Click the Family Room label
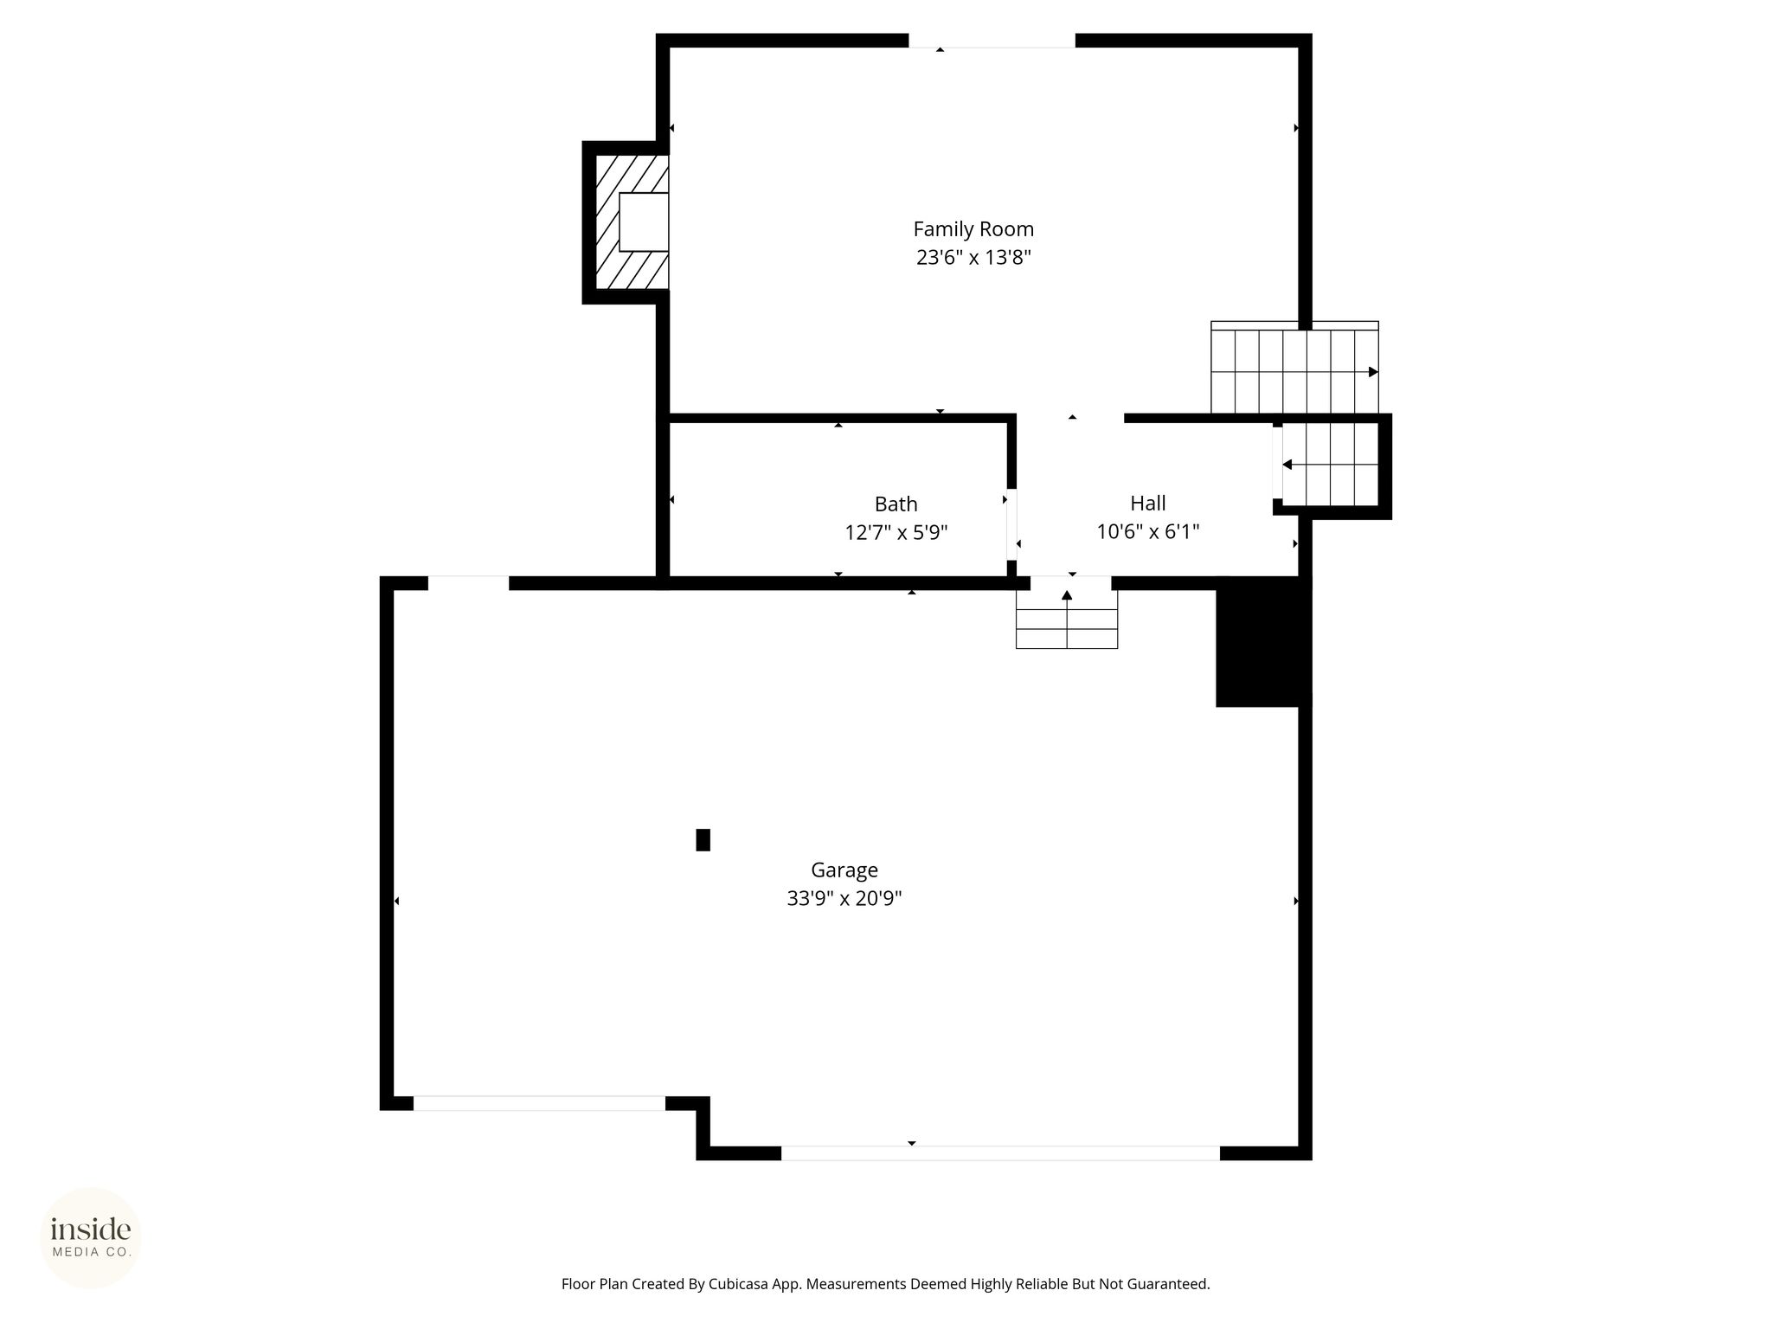coord(973,229)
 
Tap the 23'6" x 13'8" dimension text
coord(973,258)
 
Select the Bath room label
coord(896,504)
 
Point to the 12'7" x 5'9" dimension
coord(896,532)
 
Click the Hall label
coord(1148,503)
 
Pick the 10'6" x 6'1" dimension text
coord(1148,531)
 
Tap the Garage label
coord(844,870)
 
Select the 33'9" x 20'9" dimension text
coord(844,899)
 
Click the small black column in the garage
coord(703,840)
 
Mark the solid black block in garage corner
coord(1263,642)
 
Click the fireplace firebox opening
coord(644,222)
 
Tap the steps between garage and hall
coord(1067,619)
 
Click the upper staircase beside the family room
coord(1294,368)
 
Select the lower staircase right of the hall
coord(1330,465)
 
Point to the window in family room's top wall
coord(992,41)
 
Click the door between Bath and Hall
coord(1011,525)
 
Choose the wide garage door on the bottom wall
coord(1000,1152)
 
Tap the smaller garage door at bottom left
coord(539,1103)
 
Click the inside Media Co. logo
coord(91,1238)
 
